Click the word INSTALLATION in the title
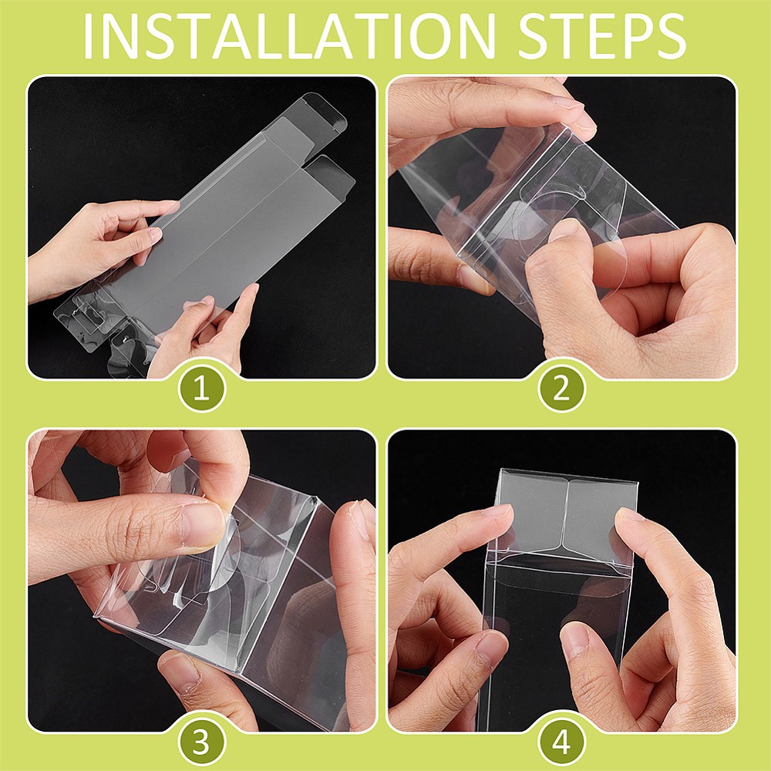click(290, 36)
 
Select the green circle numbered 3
click(201, 742)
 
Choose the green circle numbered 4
click(561, 742)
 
